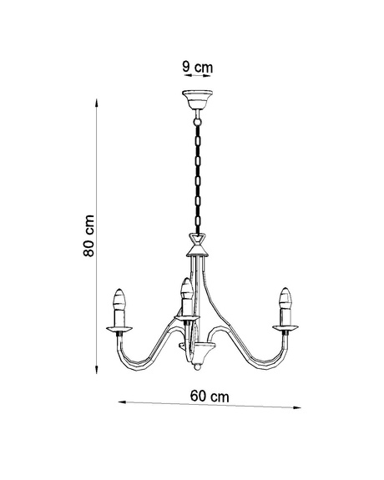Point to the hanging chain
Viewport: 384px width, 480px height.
click(198, 175)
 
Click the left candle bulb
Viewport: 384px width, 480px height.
click(119, 299)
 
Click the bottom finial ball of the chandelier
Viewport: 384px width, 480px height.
click(196, 366)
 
